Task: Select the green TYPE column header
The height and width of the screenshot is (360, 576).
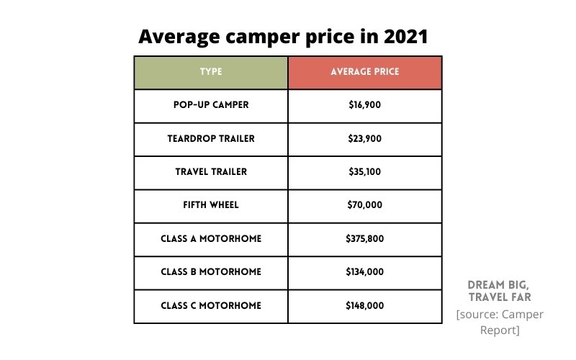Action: tap(211, 72)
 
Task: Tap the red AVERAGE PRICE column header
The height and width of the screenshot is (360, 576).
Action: tap(364, 72)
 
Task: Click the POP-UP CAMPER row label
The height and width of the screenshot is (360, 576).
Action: tap(211, 105)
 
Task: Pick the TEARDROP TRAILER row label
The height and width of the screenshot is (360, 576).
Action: tap(211, 138)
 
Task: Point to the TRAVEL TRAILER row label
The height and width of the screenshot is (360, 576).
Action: tap(211, 172)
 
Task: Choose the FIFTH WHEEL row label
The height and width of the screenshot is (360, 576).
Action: tap(211, 205)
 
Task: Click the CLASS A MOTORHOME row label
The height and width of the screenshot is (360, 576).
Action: tap(211, 239)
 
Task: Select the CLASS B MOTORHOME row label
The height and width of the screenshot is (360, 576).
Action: tap(211, 272)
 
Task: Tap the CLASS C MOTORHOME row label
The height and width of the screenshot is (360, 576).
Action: tap(211, 306)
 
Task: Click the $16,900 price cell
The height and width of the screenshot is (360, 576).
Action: tap(364, 105)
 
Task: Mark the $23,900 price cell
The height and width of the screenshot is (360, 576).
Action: tap(364, 138)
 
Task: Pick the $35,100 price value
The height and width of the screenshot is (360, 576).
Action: tap(364, 172)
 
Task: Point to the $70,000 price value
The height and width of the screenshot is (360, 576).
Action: tap(364, 205)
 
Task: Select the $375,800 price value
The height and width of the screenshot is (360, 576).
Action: tap(364, 239)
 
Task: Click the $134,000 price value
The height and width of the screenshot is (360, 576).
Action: tap(364, 272)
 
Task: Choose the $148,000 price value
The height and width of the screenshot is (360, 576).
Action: tap(364, 306)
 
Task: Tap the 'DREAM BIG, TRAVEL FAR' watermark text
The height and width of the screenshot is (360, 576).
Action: tap(500, 291)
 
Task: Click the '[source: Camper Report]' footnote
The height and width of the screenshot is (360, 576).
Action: tap(500, 323)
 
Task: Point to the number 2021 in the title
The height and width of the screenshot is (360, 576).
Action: tap(400, 37)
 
